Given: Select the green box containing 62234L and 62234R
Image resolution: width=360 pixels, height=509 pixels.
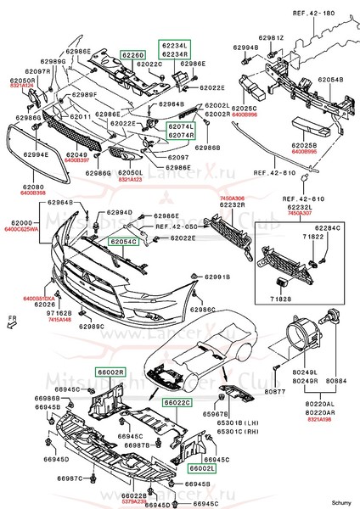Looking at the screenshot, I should [174, 49].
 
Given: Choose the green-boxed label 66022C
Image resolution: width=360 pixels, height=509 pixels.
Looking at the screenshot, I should [177, 402].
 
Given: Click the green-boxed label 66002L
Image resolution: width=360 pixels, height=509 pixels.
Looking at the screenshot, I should [203, 467].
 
